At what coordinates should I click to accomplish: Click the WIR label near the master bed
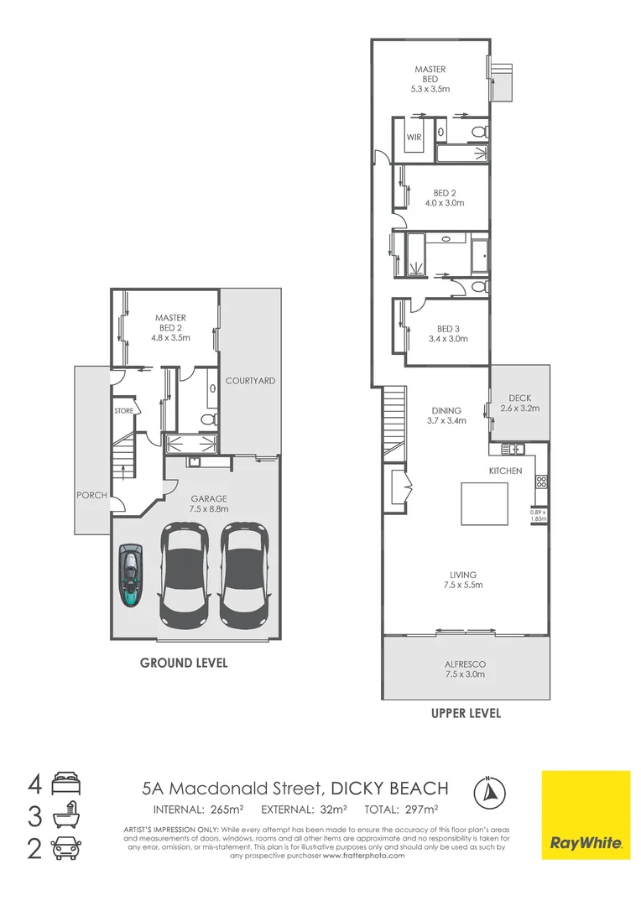[414, 136]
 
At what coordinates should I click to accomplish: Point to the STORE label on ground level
[124, 411]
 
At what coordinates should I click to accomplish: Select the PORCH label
[91, 495]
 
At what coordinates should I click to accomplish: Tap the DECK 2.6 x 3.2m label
[520, 404]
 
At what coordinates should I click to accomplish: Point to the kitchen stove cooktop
[541, 482]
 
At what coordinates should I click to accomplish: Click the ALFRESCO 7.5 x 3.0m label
[465, 669]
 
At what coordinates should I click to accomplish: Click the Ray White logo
[585, 814]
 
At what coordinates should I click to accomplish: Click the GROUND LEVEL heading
[183, 663]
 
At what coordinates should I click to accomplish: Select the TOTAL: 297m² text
[401, 810]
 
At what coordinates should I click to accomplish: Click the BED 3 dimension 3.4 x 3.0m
[446, 339]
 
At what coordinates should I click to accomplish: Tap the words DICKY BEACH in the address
[389, 789]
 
